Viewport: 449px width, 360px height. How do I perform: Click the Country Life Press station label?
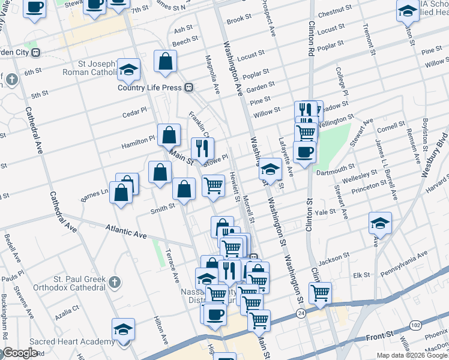[x=149, y=88]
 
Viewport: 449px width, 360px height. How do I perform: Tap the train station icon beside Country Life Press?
[x=188, y=88]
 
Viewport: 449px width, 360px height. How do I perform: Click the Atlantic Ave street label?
[x=126, y=231]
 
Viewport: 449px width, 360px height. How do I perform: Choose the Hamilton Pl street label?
[x=138, y=140]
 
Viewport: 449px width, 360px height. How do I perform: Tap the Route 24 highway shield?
[x=301, y=313]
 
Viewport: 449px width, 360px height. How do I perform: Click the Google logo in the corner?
[x=19, y=352]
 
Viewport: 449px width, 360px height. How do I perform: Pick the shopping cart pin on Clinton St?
[x=320, y=293]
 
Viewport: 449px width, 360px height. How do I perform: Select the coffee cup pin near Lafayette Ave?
[x=304, y=152]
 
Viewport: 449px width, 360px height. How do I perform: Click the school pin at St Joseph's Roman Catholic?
[x=128, y=71]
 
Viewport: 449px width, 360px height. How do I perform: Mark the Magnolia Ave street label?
[x=212, y=76]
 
